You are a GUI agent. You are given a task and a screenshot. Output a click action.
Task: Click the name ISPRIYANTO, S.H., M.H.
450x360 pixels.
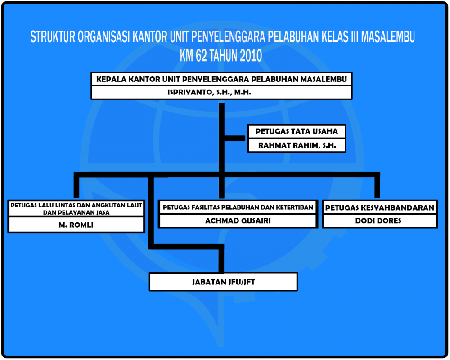[x=209, y=92]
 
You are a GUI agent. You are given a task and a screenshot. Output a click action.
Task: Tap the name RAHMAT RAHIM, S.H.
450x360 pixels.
[x=297, y=145]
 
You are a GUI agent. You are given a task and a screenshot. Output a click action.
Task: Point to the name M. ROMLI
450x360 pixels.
[x=76, y=225]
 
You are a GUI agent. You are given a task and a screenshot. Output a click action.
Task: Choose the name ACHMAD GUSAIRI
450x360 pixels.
[x=238, y=220]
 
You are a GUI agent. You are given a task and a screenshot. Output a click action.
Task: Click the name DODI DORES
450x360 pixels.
[x=378, y=220]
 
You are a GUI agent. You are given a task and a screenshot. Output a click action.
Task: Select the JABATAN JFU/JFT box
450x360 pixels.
[x=223, y=282]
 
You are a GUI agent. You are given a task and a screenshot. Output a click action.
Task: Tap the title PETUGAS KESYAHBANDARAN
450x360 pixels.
[x=380, y=207]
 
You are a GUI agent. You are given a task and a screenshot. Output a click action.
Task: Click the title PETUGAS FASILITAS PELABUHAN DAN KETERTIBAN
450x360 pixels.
[x=238, y=207]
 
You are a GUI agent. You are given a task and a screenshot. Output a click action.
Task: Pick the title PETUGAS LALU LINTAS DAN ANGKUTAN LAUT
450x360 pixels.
[x=76, y=205]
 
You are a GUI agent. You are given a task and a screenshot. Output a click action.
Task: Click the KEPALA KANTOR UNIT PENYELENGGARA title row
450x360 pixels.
[x=221, y=79]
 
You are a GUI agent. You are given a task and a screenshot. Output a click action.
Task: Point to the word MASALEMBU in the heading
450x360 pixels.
[x=388, y=37]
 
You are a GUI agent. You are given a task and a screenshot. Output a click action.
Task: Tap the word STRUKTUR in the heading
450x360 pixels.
[x=53, y=37]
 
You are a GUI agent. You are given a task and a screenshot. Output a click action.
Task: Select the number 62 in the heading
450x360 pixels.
[x=201, y=55]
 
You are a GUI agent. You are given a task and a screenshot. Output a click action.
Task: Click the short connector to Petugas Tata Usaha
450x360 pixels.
[x=234, y=138]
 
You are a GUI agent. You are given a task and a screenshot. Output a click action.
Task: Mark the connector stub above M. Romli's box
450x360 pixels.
[x=76, y=187]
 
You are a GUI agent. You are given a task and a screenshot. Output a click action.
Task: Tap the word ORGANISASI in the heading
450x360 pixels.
[x=103, y=37]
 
